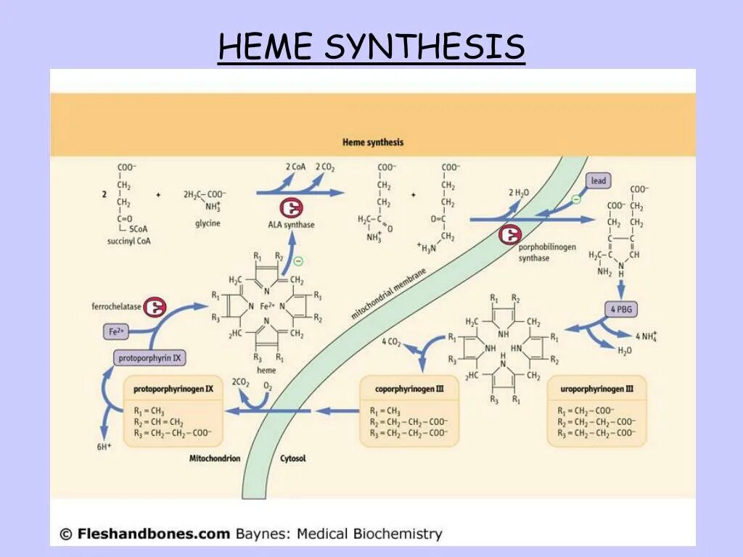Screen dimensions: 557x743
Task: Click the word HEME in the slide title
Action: (265, 47)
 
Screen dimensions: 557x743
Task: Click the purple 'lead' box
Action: (598, 181)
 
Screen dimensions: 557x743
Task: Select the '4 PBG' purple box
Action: (620, 310)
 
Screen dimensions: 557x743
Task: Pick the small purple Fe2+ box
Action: (117, 332)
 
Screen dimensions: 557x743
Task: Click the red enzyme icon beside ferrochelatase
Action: (155, 308)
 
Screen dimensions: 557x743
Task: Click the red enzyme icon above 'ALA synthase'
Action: (291, 207)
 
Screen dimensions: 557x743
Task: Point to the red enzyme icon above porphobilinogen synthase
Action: (510, 234)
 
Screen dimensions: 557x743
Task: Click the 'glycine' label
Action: (207, 223)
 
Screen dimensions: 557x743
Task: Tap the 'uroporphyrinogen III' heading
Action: (597, 389)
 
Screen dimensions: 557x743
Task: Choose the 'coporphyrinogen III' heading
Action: (409, 389)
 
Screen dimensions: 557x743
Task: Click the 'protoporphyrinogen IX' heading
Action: (173, 389)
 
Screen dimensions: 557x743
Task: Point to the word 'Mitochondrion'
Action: (214, 458)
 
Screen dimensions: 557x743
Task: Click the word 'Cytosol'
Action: (293, 458)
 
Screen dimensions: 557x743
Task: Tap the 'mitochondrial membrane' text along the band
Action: (388, 292)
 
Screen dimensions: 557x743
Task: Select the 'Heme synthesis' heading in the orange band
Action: (373, 142)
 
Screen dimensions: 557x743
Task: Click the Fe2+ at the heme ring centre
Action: (267, 306)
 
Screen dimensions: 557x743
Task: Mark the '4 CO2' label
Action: (391, 341)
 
